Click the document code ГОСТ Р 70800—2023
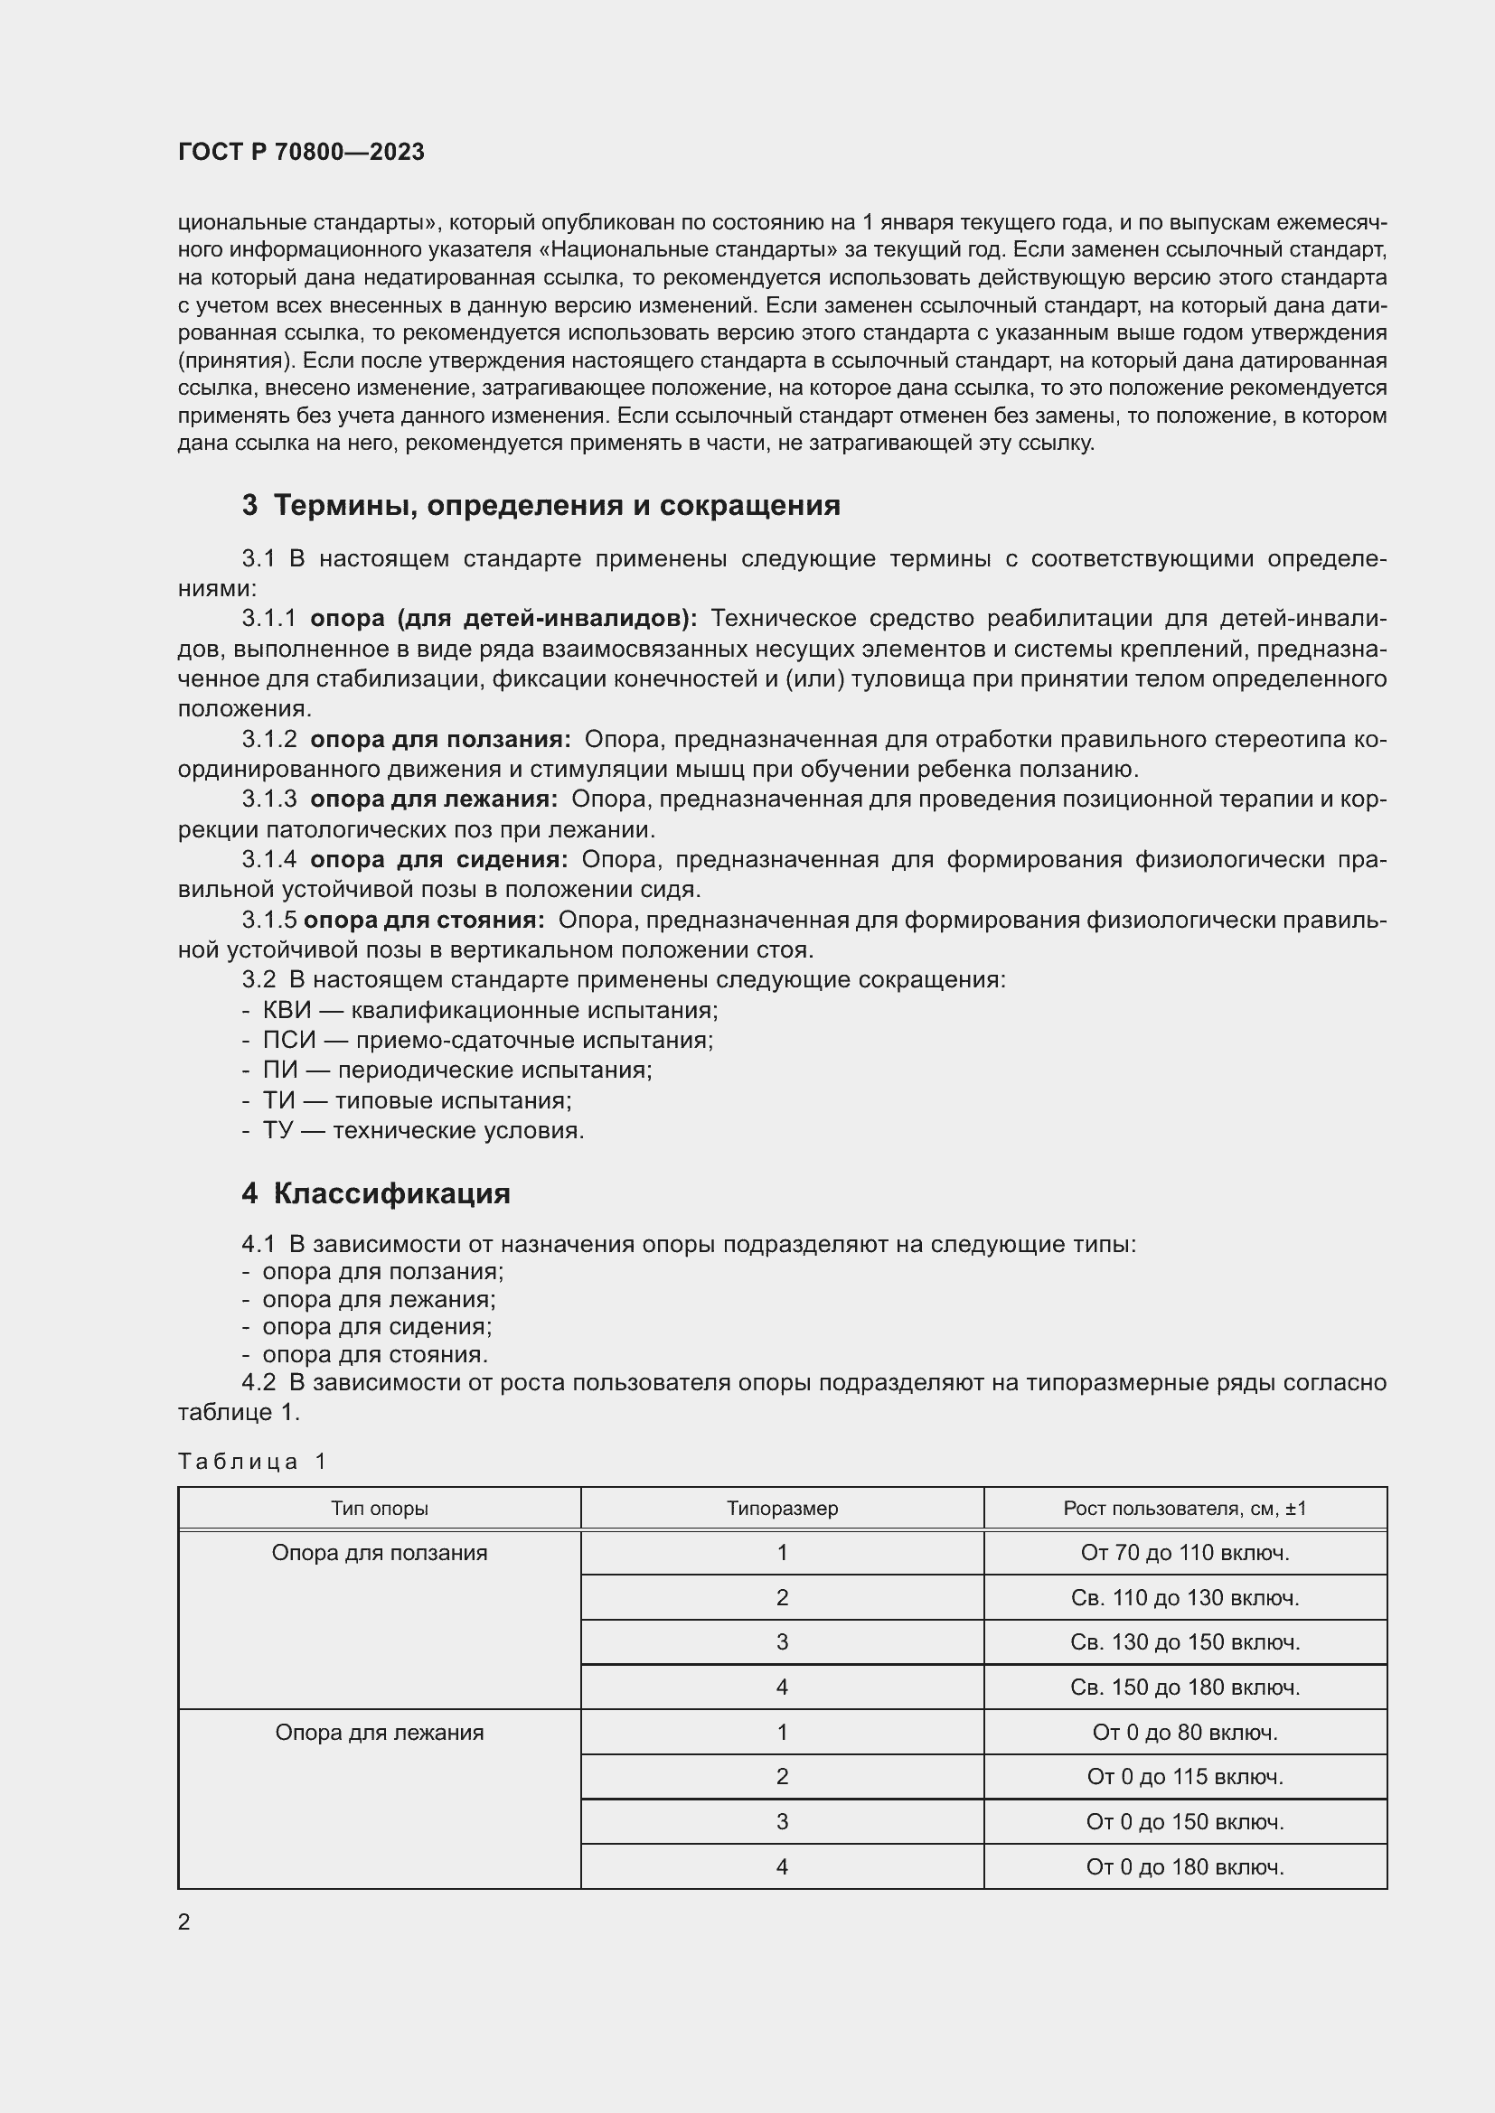pos(301,152)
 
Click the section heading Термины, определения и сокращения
pos(556,505)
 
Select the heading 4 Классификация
pos(376,1193)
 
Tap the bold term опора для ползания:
pos(440,739)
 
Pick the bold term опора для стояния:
pos(423,920)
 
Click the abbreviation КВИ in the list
pos(287,1010)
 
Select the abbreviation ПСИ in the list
pos(288,1040)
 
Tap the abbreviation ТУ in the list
pos(277,1130)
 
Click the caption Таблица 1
pos(252,1462)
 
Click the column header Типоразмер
pos(782,1509)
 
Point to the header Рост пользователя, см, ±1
pos(1185,1509)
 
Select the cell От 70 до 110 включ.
pos(1185,1554)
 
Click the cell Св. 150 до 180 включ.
pos(1185,1688)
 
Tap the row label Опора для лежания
pos(380,1733)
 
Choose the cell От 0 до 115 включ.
pos(1185,1777)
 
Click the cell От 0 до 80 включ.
pos(1185,1733)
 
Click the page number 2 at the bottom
pos(184,1921)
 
